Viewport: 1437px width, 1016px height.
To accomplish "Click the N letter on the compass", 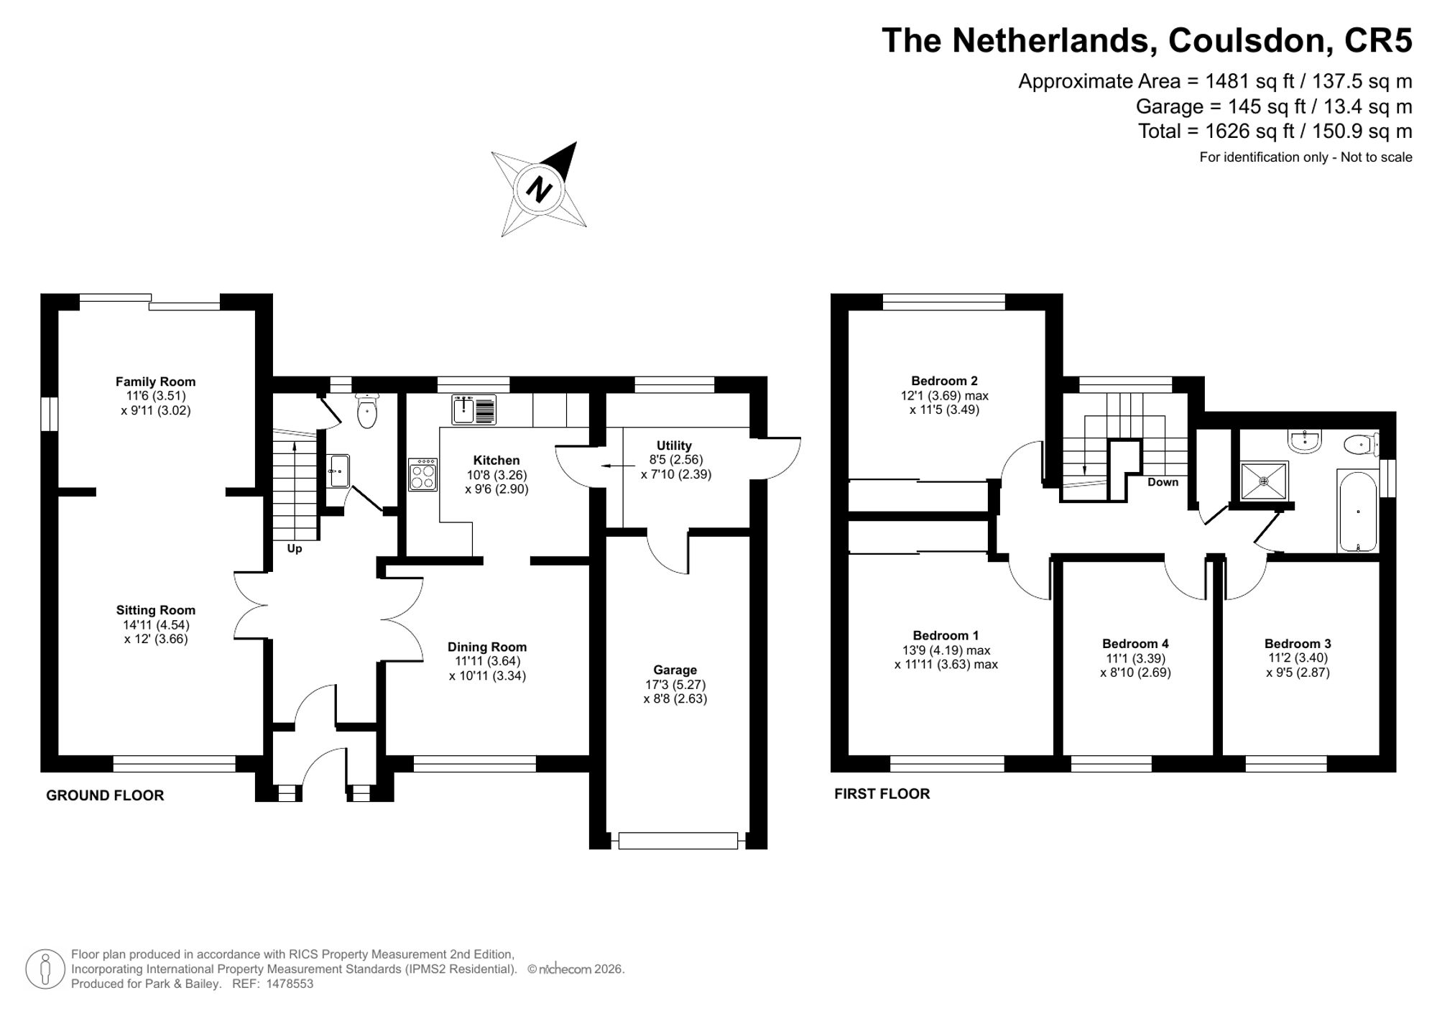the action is pyautogui.click(x=539, y=189).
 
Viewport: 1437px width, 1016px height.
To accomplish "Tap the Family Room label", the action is pyautogui.click(x=155, y=382).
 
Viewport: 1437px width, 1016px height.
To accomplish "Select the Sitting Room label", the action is pyautogui.click(x=155, y=610).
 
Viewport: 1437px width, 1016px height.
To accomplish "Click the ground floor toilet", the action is pyautogui.click(x=367, y=411).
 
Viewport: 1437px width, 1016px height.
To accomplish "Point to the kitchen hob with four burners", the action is pyautogui.click(x=422, y=474).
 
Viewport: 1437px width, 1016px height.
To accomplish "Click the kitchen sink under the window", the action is pyautogui.click(x=474, y=409).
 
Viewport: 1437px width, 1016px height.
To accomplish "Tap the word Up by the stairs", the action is pyautogui.click(x=295, y=549).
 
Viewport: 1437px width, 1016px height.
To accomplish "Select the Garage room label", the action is pyautogui.click(x=675, y=670).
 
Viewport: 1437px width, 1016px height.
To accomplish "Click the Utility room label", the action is pyautogui.click(x=674, y=445).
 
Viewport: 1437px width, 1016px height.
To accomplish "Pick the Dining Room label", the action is pyautogui.click(x=487, y=647).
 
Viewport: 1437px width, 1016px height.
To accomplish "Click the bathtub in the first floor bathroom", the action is pyautogui.click(x=1358, y=511).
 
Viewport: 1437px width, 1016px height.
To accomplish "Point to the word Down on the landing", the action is pyautogui.click(x=1163, y=482).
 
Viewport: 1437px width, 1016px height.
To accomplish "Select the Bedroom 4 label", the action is pyautogui.click(x=1135, y=644).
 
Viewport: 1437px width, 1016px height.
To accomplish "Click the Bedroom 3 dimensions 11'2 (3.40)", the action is pyautogui.click(x=1298, y=657).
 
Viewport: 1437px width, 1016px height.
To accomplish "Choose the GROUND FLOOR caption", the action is pyautogui.click(x=105, y=795).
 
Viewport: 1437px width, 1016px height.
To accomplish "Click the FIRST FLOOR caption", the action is pyautogui.click(x=882, y=794).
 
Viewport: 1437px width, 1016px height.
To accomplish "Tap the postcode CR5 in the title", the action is pyautogui.click(x=1378, y=40).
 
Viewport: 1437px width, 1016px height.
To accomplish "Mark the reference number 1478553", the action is pyautogui.click(x=290, y=984).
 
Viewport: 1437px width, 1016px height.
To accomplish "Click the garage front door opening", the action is pyautogui.click(x=678, y=841).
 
